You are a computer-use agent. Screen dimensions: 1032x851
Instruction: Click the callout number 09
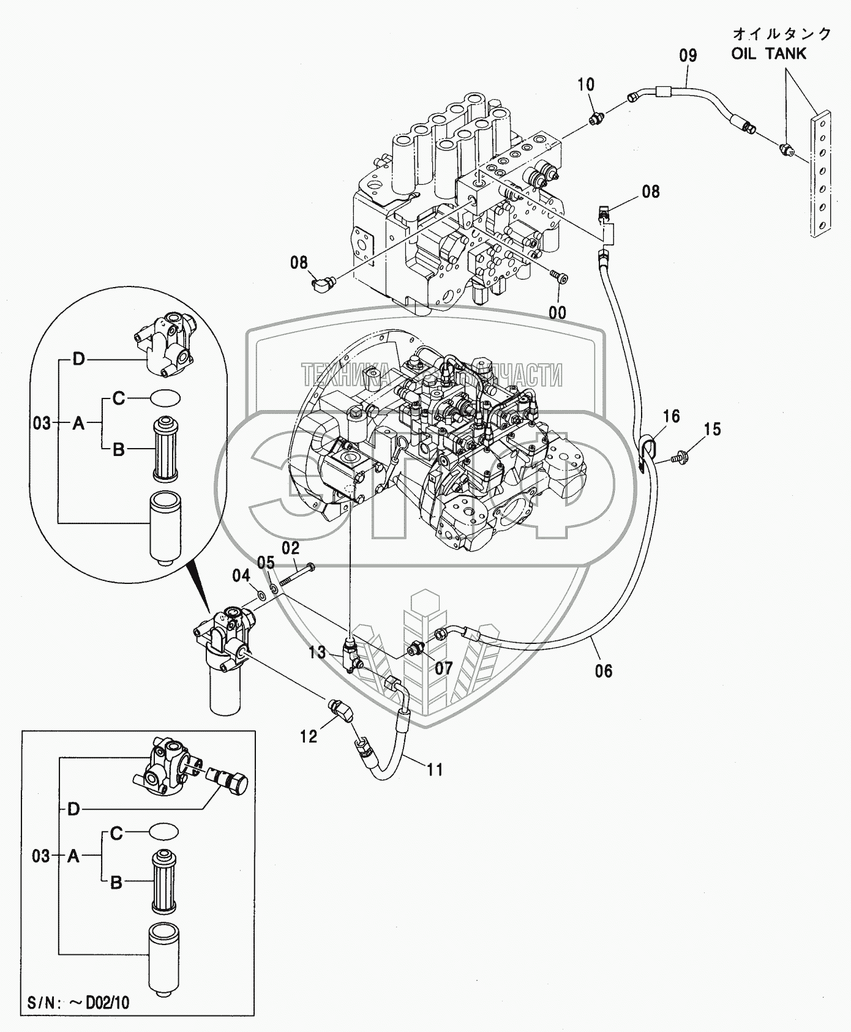click(688, 56)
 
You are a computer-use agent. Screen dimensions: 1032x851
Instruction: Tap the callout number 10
click(586, 84)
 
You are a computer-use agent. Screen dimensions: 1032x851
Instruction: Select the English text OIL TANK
click(769, 54)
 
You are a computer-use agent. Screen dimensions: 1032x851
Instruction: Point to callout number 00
click(557, 313)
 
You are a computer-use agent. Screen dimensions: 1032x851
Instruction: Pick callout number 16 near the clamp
click(672, 416)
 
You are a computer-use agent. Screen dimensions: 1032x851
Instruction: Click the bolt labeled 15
click(678, 455)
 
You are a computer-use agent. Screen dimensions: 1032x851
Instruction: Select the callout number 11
click(435, 769)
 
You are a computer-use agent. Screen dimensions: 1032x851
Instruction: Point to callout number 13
click(317, 652)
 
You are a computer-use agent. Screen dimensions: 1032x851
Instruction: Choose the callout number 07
click(443, 668)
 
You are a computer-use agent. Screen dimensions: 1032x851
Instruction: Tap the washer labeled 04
click(261, 594)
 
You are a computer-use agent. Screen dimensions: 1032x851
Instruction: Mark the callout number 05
click(265, 562)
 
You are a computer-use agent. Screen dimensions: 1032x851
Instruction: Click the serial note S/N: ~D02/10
click(78, 1002)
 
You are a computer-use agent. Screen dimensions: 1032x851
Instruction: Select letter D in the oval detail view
click(78, 359)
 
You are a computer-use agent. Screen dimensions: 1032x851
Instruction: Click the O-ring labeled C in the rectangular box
click(163, 833)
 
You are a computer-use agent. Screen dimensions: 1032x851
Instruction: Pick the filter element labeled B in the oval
click(164, 447)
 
